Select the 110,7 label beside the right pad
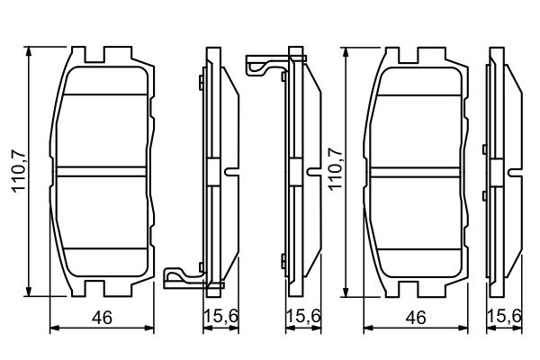click(x=335, y=171)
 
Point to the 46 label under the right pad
click(x=415, y=317)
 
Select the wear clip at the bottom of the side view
click(x=184, y=274)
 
